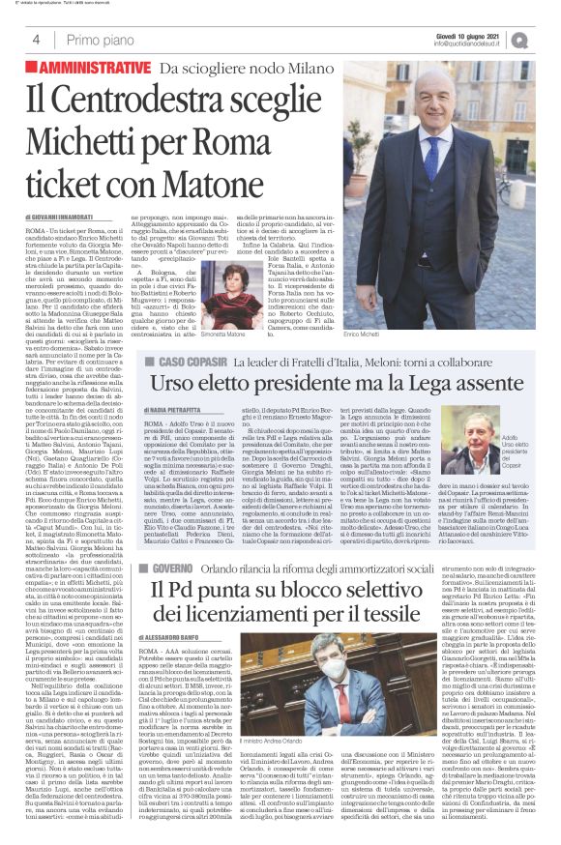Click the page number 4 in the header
[36, 40]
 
